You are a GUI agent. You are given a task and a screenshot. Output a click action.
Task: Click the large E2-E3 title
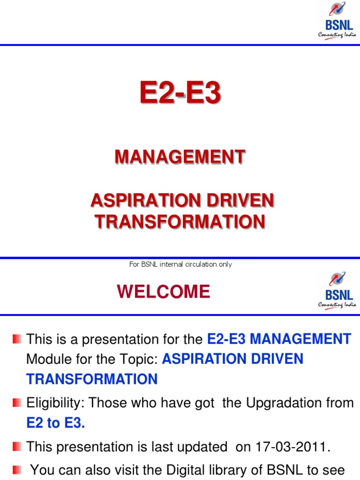click(x=180, y=93)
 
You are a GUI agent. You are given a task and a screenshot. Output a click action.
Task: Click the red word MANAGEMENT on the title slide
click(x=180, y=157)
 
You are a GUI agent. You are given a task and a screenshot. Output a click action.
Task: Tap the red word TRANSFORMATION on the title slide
click(x=180, y=221)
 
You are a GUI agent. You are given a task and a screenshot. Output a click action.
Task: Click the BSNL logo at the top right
click(x=337, y=22)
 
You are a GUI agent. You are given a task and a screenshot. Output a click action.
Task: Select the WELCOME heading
click(x=164, y=292)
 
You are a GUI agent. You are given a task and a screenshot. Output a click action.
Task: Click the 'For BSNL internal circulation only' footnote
click(x=180, y=264)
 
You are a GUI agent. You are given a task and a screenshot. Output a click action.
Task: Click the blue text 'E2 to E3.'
click(x=56, y=423)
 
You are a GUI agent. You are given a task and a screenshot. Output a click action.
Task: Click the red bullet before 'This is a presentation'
click(x=17, y=338)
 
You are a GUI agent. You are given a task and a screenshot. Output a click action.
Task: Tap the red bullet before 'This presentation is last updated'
click(x=17, y=446)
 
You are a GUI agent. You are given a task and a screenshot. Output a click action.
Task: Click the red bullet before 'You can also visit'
click(x=17, y=469)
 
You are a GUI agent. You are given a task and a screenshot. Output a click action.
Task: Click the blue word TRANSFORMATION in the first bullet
click(x=92, y=379)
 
